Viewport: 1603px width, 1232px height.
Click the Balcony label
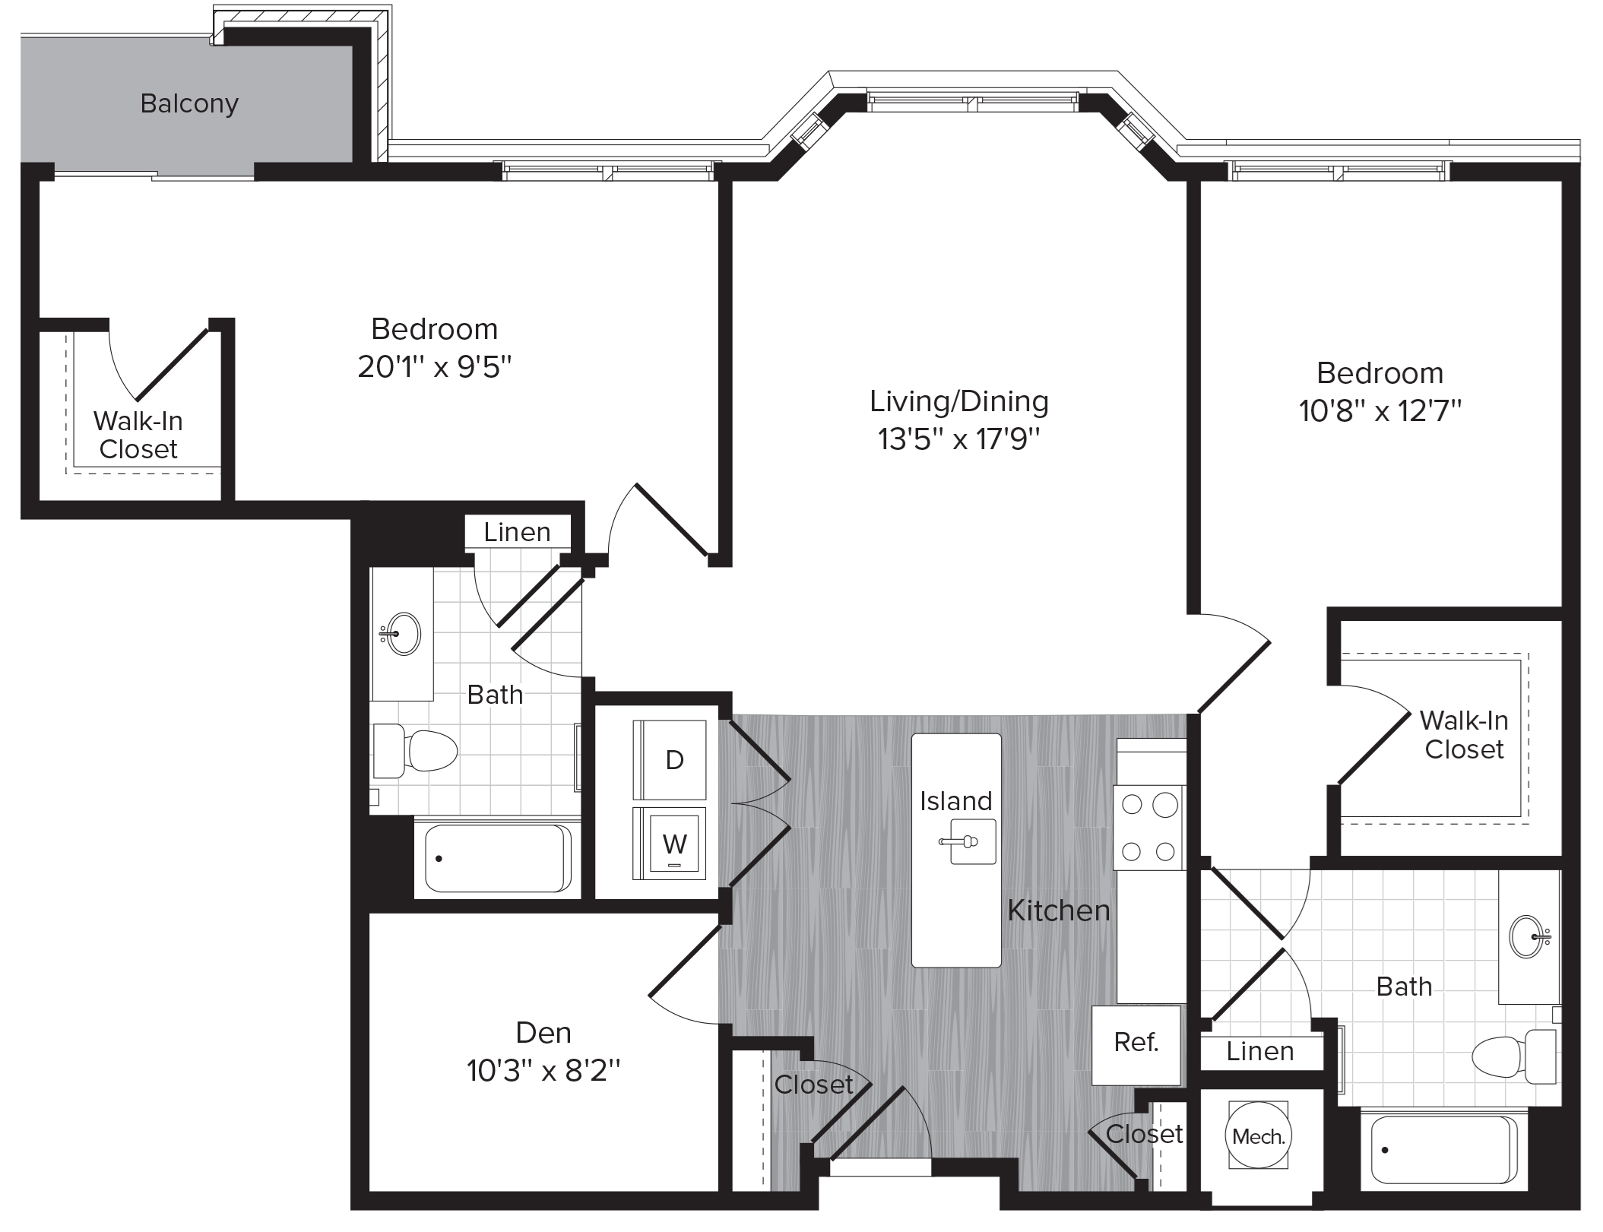(189, 103)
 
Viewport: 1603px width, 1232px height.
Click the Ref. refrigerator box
(1136, 1044)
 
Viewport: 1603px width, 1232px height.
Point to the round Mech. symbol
(1258, 1137)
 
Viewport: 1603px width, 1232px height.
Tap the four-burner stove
(1148, 828)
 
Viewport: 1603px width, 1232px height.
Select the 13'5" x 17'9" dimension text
(958, 439)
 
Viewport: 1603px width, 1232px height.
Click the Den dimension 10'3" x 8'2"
(543, 1072)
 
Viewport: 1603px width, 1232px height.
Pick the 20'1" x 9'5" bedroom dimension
(435, 368)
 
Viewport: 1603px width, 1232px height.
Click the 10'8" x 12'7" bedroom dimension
(1380, 412)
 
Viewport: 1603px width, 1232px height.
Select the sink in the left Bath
(403, 633)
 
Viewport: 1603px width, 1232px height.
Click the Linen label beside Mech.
(1259, 1052)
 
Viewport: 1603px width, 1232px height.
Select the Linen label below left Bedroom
(517, 533)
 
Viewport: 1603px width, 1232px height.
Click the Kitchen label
(1058, 911)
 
